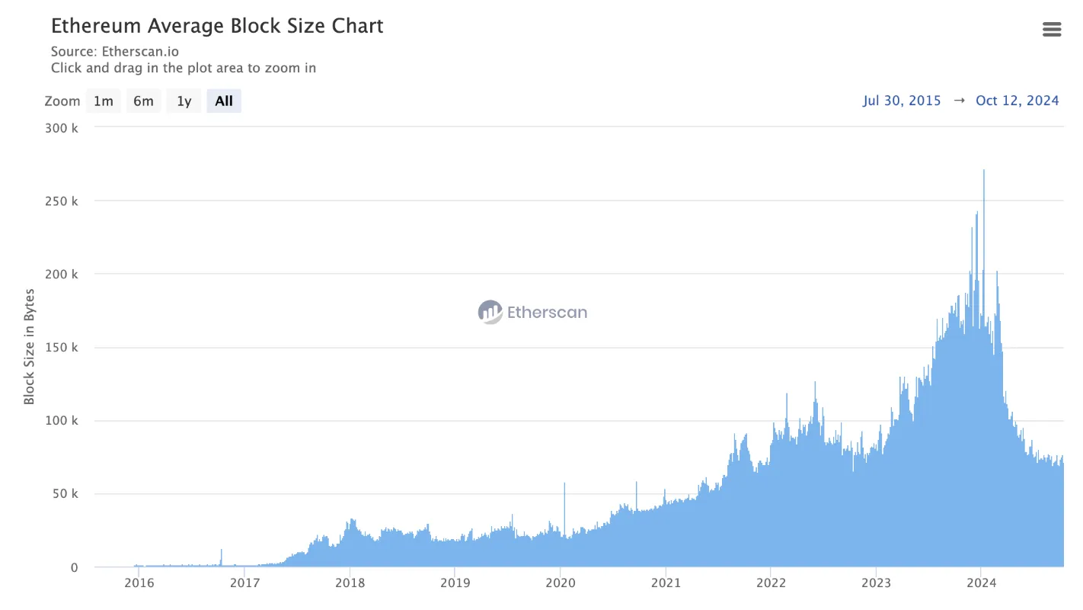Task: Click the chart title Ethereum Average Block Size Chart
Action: [x=217, y=26]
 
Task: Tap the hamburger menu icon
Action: [x=1051, y=30]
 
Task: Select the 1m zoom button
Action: [x=103, y=101]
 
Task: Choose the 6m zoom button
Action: [x=143, y=101]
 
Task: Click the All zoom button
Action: [x=224, y=101]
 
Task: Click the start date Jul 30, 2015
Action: [x=902, y=101]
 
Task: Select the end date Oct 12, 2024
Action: [x=1017, y=101]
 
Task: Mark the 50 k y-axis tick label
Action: [x=64, y=494]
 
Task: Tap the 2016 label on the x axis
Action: [x=139, y=584]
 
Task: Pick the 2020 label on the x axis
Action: [x=560, y=584]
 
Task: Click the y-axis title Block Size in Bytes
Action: [x=29, y=346]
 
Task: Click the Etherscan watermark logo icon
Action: [x=490, y=312]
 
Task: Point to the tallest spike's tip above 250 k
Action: [x=983, y=171]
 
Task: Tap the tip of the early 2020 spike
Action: [x=564, y=483]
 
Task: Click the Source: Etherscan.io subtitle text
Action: [x=115, y=52]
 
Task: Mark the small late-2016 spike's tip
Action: [x=222, y=550]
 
